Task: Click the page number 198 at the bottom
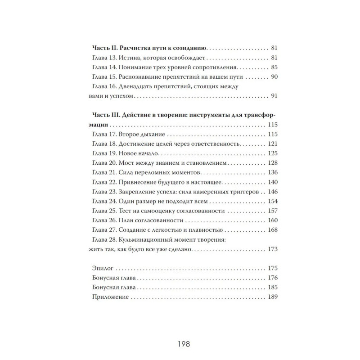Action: point(180,346)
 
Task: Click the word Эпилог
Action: point(103,268)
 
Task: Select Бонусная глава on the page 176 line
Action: point(114,278)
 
